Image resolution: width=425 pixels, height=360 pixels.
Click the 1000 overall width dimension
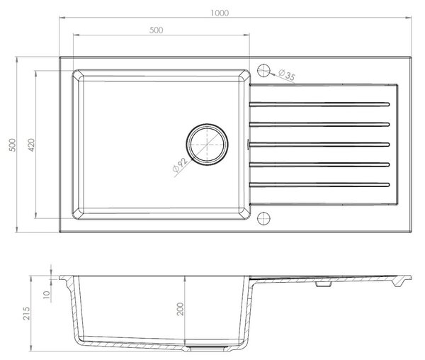(220, 13)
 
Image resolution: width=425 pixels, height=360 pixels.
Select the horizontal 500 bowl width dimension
(157, 30)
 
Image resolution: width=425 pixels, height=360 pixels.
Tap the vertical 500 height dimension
(13, 145)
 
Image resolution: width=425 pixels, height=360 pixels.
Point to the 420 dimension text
(31, 145)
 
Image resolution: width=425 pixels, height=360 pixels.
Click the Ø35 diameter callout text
(286, 75)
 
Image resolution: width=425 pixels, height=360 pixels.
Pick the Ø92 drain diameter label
(180, 165)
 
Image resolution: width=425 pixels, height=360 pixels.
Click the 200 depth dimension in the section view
(180, 309)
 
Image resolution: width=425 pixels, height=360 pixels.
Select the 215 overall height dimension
(26, 313)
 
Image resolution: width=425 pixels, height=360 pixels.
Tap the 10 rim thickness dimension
(47, 294)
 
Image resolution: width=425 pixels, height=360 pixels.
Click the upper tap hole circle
(263, 70)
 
